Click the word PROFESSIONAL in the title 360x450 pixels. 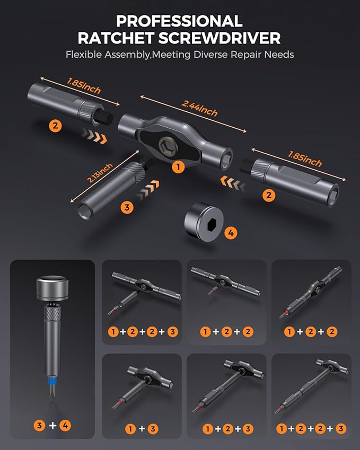tap(179, 21)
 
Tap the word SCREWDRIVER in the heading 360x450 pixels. tap(219, 38)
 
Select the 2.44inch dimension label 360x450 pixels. tap(199, 108)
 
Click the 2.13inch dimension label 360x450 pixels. tap(100, 173)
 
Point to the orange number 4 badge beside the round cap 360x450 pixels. tap(231, 233)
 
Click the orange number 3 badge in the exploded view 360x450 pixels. tap(127, 207)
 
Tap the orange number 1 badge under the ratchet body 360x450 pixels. tap(178, 167)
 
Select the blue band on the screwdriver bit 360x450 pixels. tap(52, 382)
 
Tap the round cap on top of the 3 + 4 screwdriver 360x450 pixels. tap(52, 288)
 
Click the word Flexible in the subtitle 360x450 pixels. tap(84, 55)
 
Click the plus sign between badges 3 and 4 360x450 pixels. tap(52, 425)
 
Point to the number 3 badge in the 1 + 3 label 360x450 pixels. tap(153, 429)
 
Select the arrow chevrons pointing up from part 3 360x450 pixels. tap(147, 189)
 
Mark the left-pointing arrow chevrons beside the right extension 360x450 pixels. tap(233, 183)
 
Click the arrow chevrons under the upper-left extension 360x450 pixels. tap(94, 136)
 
